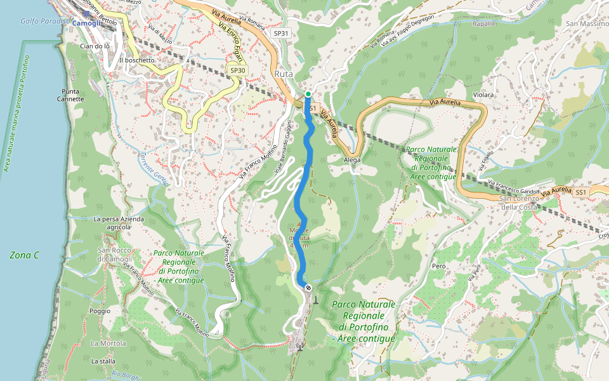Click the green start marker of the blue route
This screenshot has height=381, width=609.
[308, 94]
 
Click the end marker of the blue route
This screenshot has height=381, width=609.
[308, 288]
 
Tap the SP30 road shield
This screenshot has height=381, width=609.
[237, 70]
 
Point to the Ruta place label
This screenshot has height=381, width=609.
[284, 74]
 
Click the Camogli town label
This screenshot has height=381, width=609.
[86, 23]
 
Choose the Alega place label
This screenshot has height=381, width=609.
[352, 160]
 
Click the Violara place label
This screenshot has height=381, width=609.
[483, 95]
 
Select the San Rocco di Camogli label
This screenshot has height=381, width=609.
[114, 255]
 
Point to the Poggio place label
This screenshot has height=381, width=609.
[100, 311]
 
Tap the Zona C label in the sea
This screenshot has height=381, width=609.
[25, 255]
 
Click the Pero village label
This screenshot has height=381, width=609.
[438, 266]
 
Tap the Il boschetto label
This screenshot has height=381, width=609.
[136, 60]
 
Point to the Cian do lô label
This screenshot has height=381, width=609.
[95, 46]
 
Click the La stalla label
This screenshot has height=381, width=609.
[103, 361]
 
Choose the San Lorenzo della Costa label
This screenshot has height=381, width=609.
[520, 203]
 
